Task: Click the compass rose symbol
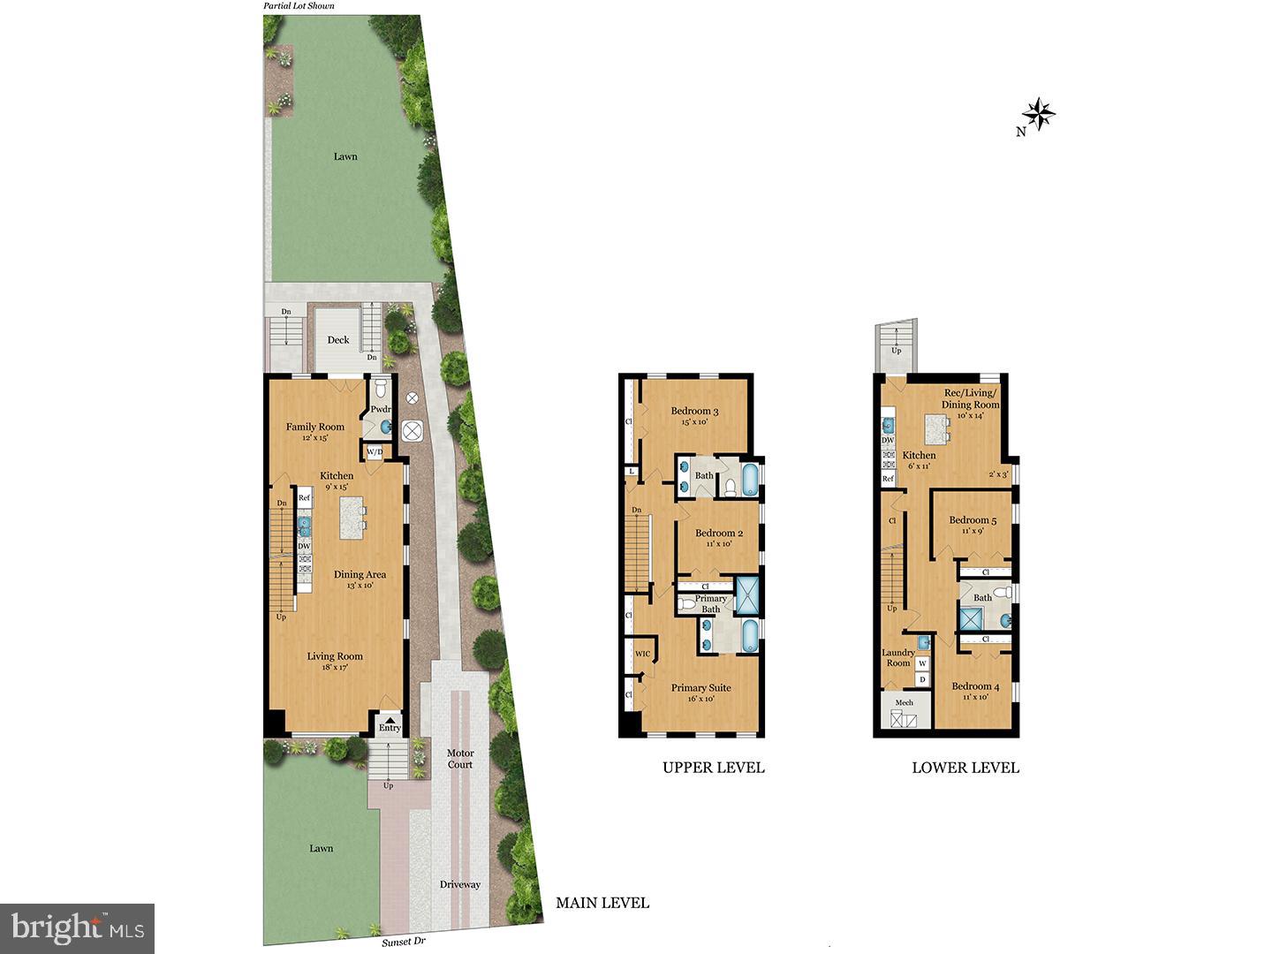(1040, 113)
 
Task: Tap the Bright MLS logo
(78, 927)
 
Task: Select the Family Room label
(314, 427)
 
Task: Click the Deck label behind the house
(338, 339)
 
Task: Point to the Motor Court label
(459, 759)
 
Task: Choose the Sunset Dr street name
(404, 943)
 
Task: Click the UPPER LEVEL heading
(714, 768)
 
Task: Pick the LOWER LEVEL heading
(965, 768)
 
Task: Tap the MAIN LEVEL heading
(602, 903)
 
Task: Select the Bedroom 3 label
(694, 411)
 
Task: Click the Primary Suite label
(700, 688)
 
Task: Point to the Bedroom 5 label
(973, 520)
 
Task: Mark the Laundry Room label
(898, 657)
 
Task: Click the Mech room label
(904, 703)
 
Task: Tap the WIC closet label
(642, 654)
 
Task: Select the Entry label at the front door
(390, 728)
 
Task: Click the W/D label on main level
(375, 452)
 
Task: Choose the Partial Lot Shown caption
(299, 6)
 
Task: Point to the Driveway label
(460, 884)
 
